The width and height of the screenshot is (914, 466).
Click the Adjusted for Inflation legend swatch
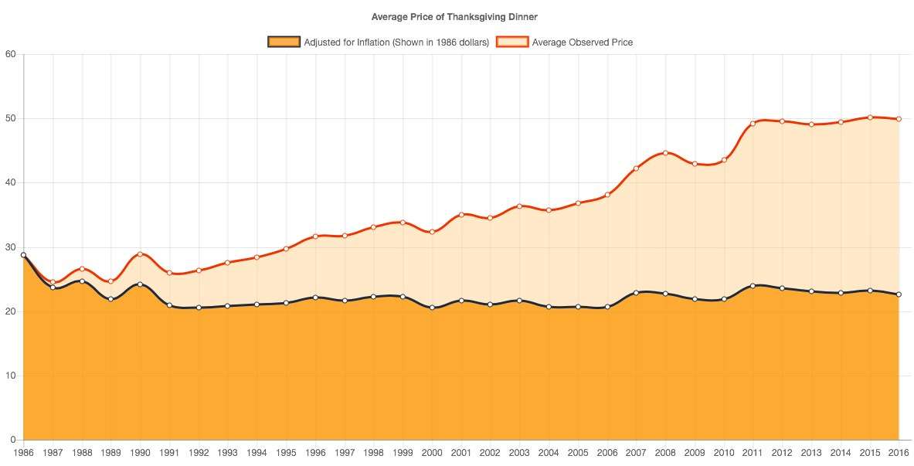pos(284,42)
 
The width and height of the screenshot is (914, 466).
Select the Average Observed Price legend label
pos(582,42)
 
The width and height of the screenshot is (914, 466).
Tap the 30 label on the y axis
pos(9,247)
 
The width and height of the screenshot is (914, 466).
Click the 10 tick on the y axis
pos(9,376)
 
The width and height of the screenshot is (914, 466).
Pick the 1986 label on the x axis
pos(23,452)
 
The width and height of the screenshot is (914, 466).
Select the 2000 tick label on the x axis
pos(432,452)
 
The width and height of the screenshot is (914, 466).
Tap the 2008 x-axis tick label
pos(665,452)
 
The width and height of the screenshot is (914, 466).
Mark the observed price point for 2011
pos(753,124)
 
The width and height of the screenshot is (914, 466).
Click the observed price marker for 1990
pos(140,254)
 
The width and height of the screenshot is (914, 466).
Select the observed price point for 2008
pos(665,153)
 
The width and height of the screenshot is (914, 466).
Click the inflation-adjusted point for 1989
pos(110,299)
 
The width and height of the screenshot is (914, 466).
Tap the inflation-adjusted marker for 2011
pos(753,286)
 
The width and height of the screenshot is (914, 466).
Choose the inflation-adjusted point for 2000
pos(432,308)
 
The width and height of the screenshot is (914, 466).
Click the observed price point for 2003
pos(519,206)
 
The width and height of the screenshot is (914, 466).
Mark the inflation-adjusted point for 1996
pos(315,298)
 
